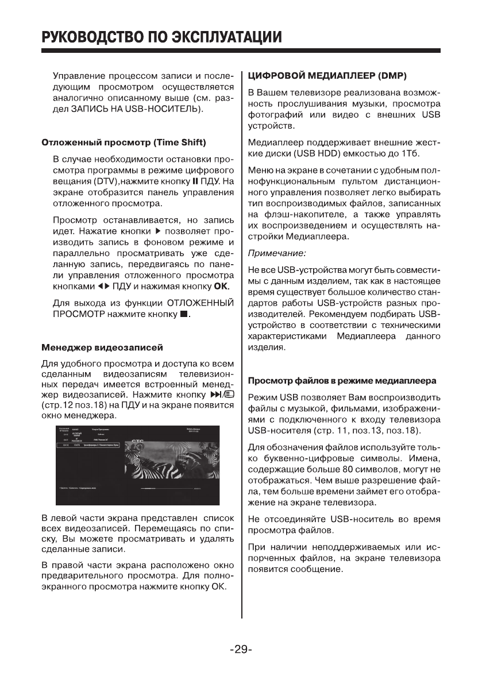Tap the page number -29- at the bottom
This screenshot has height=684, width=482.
click(241, 650)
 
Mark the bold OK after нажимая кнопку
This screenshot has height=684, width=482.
click(221, 285)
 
